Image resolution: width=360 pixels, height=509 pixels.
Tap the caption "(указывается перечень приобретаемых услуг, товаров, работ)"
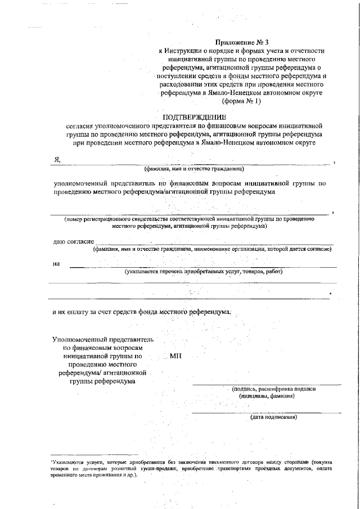[203, 271]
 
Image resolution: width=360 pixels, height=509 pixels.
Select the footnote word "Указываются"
[67, 461]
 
